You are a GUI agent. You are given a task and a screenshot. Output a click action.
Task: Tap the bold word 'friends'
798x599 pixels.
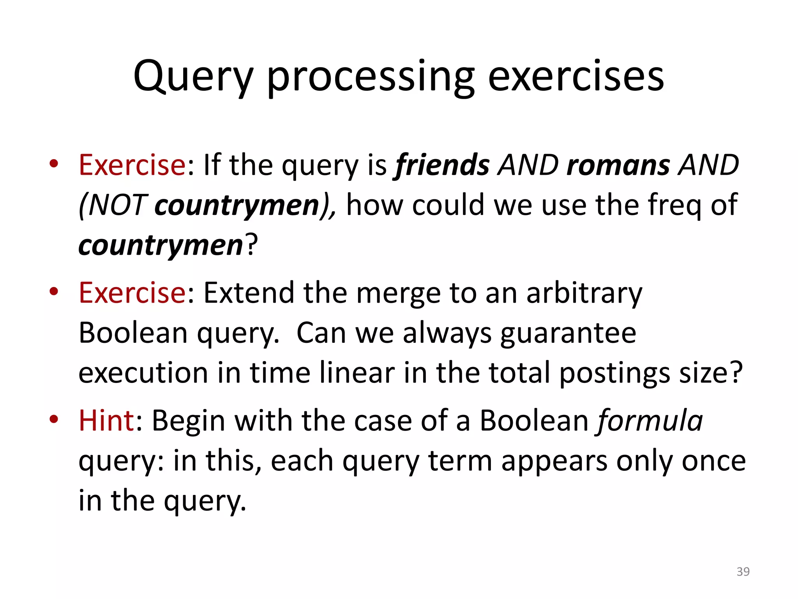(x=442, y=165)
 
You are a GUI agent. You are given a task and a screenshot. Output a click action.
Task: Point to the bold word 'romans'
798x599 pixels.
(x=618, y=165)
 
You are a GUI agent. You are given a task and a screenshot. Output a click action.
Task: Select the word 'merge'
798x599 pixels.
(x=398, y=293)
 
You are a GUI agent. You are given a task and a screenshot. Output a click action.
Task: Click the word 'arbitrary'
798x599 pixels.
(x=584, y=293)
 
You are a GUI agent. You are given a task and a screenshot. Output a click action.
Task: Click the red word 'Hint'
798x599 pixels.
(x=106, y=421)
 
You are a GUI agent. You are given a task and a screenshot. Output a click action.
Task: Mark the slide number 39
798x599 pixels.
(x=743, y=571)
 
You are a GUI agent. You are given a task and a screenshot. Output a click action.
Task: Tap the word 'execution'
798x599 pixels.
(x=143, y=372)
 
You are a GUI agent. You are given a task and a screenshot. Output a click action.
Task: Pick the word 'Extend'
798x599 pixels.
(x=249, y=293)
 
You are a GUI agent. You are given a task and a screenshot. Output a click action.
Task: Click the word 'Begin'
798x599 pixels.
(x=188, y=421)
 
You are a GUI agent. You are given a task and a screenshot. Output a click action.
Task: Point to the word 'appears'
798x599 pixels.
(x=554, y=461)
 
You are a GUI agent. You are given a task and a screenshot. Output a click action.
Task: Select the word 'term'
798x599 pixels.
(x=460, y=461)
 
